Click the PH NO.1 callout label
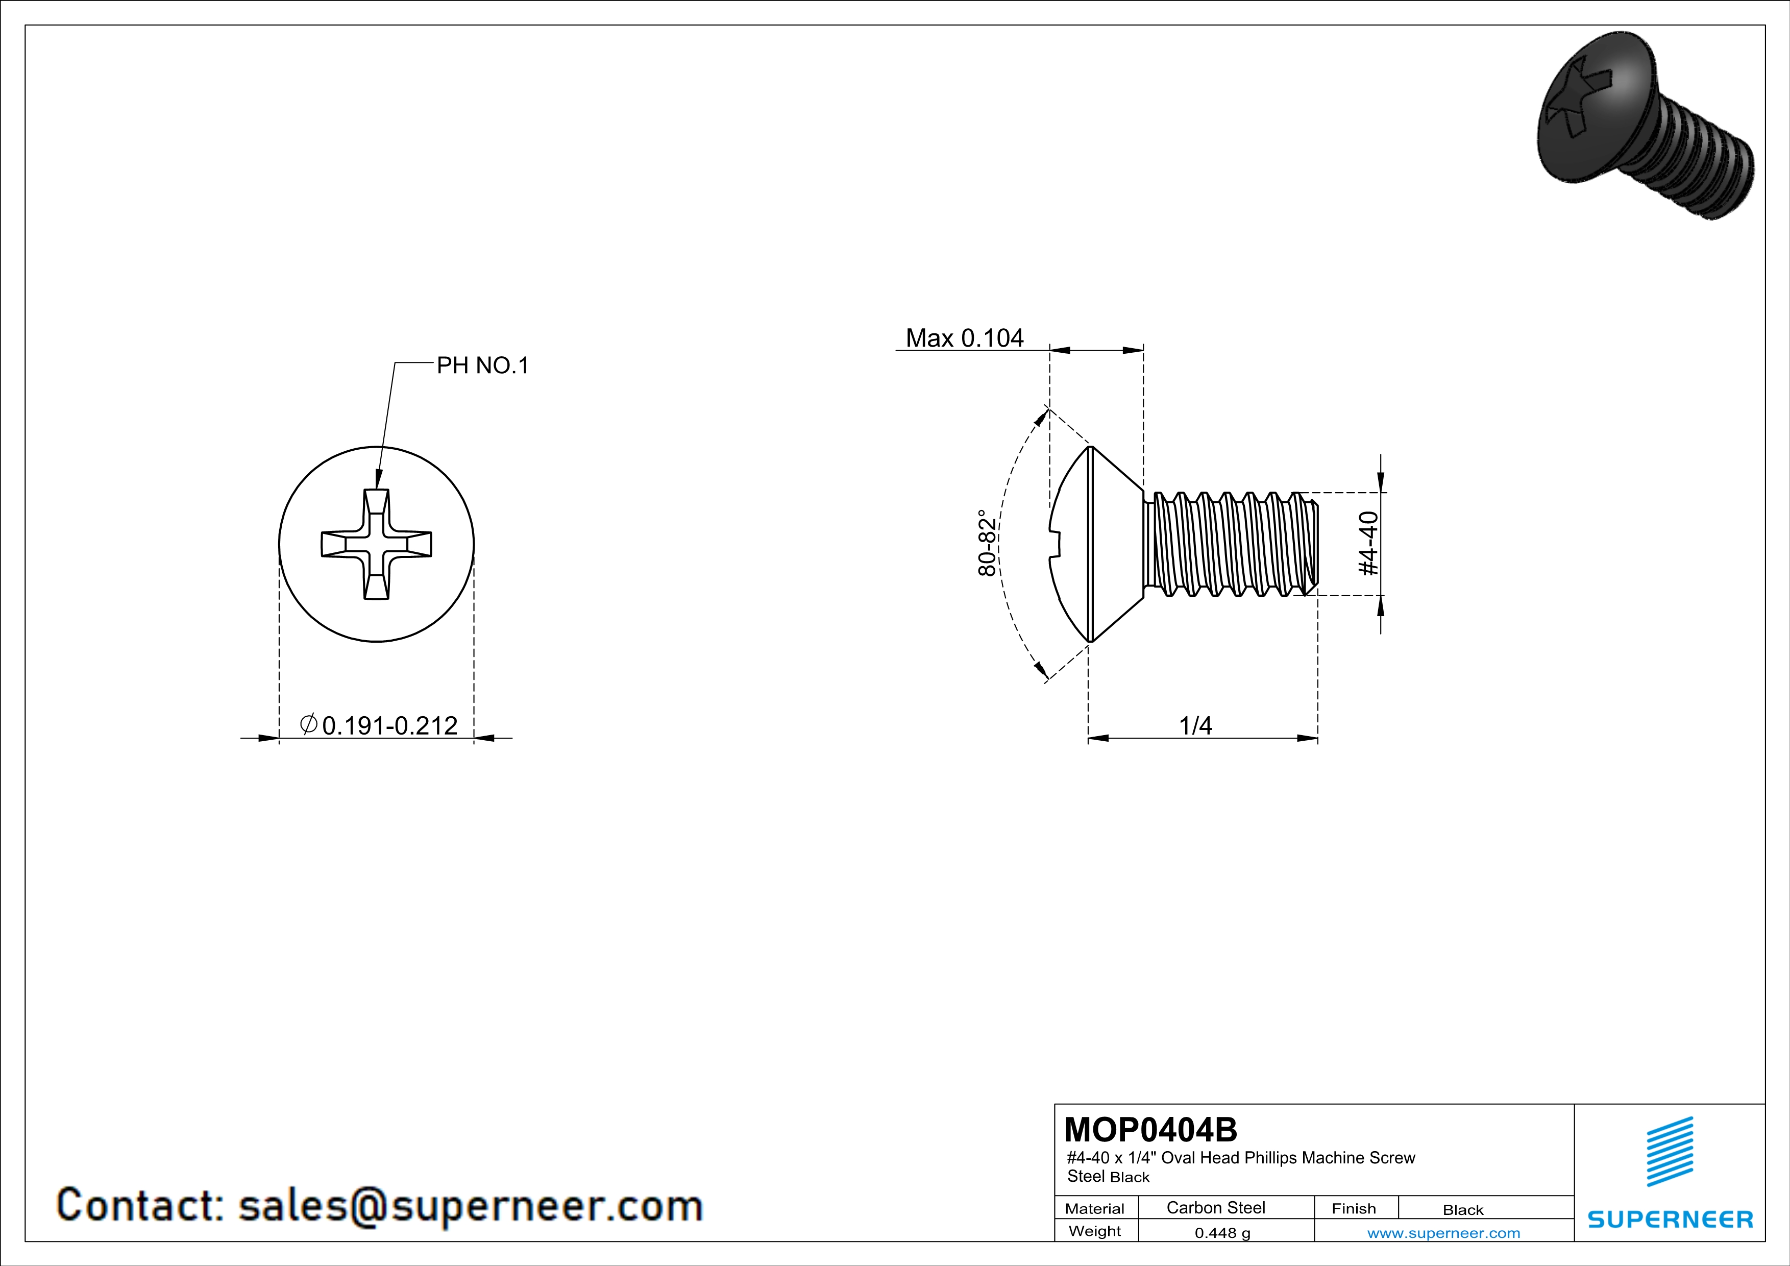pos(482,365)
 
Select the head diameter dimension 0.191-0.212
pos(379,726)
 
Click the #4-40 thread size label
pos(1368,543)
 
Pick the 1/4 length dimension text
pos(1195,726)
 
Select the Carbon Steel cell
pos(1215,1207)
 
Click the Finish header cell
pos(1354,1208)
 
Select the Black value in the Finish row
pos(1462,1210)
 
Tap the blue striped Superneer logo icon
pos(1669,1152)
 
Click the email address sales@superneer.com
pos(470,1205)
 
